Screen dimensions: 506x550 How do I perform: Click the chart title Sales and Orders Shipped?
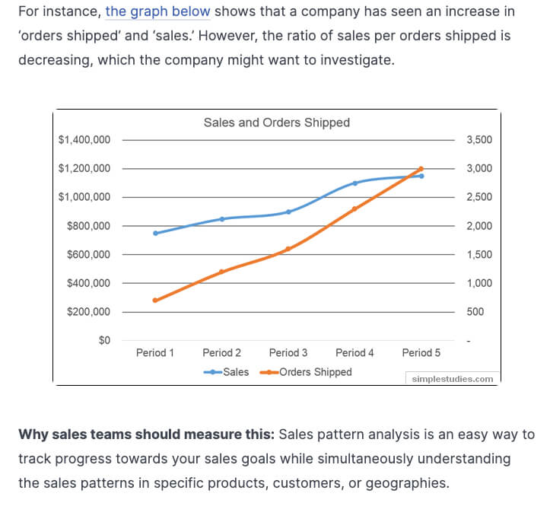[276, 123]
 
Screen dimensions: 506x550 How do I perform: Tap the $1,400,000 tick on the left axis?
[84, 140]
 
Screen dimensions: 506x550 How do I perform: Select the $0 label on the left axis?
[104, 340]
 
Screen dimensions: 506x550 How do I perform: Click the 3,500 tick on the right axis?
[479, 140]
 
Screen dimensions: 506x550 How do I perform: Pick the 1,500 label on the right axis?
[479, 255]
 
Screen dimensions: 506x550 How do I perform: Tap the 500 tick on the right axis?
[475, 312]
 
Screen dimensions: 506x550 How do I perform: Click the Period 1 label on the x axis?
[155, 353]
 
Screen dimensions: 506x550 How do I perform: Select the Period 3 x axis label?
[288, 353]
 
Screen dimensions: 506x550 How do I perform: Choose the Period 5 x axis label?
[421, 353]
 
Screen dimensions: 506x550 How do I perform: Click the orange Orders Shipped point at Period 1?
[155, 301]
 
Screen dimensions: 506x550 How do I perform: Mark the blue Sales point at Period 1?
[155, 233]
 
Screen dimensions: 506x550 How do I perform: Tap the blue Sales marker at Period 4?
[355, 183]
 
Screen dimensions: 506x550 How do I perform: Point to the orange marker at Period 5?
[421, 169]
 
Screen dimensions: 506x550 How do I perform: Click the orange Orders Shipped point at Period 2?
[221, 272]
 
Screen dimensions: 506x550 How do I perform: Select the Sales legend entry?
[226, 372]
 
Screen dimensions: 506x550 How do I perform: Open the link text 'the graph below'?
[157, 12]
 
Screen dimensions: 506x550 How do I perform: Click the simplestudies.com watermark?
[452, 378]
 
